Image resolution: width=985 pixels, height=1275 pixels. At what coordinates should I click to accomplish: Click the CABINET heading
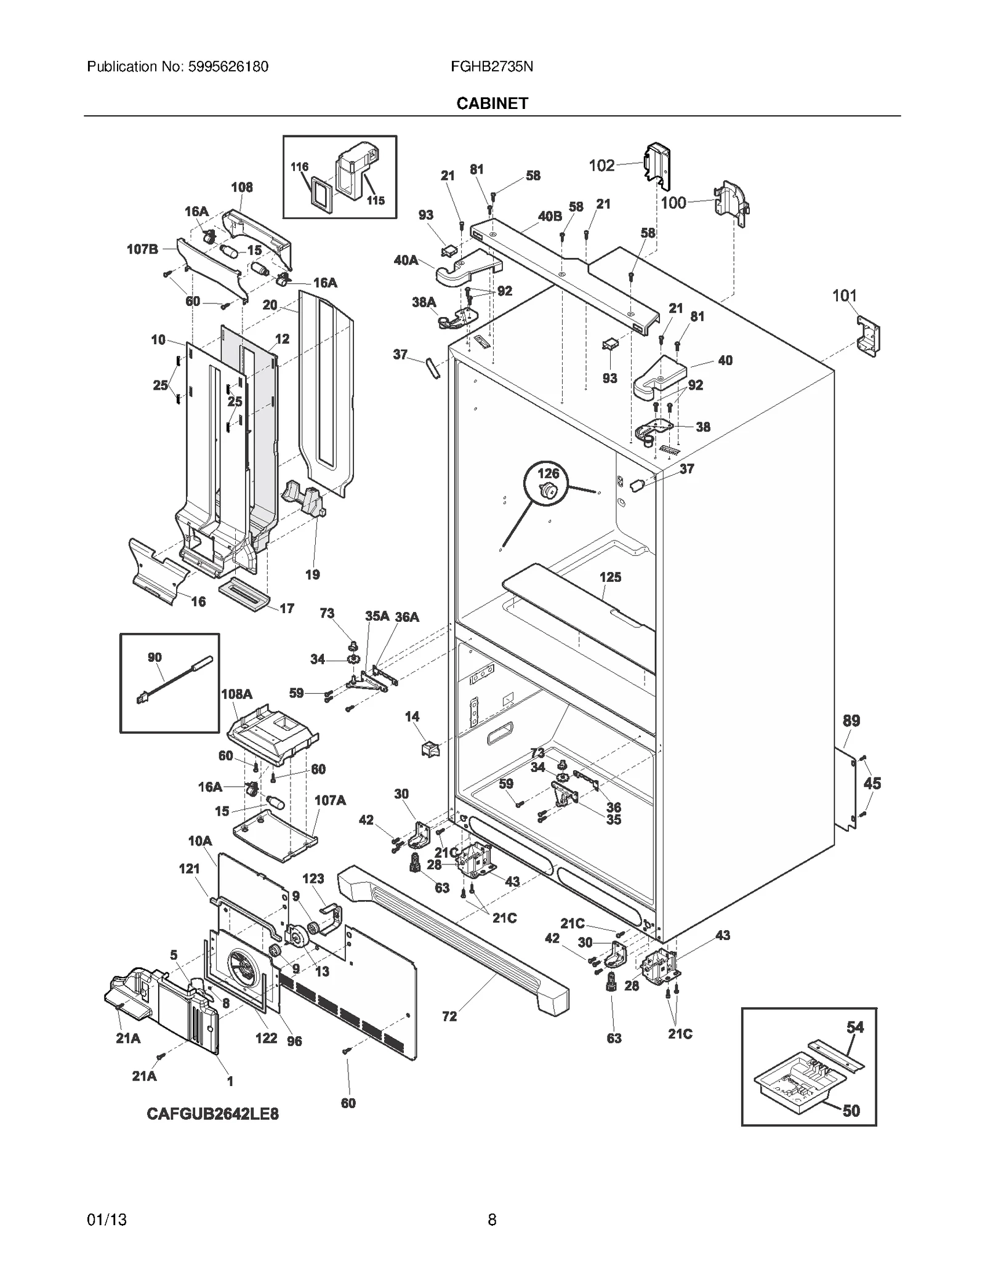492,103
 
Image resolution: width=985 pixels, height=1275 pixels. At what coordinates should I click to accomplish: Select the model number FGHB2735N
491,66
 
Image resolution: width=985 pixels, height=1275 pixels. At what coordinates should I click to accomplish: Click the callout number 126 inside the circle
548,473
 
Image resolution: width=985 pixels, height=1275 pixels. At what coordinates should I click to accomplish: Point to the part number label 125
610,577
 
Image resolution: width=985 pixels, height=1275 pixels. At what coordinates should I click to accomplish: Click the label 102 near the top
601,165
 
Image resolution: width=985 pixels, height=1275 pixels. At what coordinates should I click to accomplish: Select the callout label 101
844,296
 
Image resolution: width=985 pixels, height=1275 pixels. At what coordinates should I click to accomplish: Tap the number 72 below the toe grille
449,1016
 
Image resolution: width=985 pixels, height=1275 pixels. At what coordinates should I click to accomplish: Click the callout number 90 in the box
155,658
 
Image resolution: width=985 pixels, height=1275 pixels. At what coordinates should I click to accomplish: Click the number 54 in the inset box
854,1027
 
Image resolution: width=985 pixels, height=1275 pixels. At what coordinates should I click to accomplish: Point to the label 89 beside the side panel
851,720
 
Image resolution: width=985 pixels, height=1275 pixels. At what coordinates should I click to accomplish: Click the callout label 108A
236,694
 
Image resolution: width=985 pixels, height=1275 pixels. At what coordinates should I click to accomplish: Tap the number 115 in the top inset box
375,200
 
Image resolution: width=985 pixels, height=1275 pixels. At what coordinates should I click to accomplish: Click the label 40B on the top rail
550,216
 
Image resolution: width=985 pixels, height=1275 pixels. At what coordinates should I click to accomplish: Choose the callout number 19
312,574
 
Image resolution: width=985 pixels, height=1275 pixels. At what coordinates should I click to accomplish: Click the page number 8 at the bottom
492,1220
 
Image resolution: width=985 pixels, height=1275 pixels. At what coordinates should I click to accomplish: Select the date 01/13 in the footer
107,1220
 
